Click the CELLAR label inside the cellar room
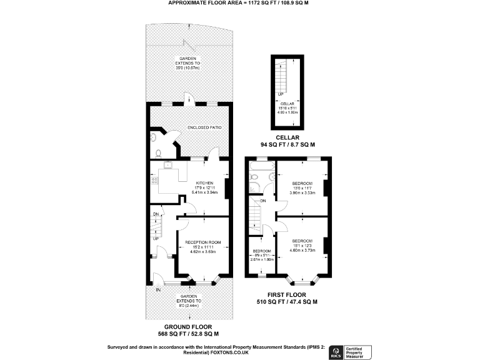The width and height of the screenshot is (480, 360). pyautogui.click(x=287, y=102)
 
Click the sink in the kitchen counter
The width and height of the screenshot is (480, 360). pyautogui.click(x=167, y=166)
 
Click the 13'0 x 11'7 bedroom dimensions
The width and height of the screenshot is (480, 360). pyautogui.click(x=302, y=188)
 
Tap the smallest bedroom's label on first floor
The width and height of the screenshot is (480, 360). pyautogui.click(x=261, y=251)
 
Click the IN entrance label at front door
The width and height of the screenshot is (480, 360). pyautogui.click(x=158, y=289)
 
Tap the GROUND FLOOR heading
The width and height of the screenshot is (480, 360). pyautogui.click(x=188, y=326)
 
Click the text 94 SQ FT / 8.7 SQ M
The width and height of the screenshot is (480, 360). pyautogui.click(x=287, y=144)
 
